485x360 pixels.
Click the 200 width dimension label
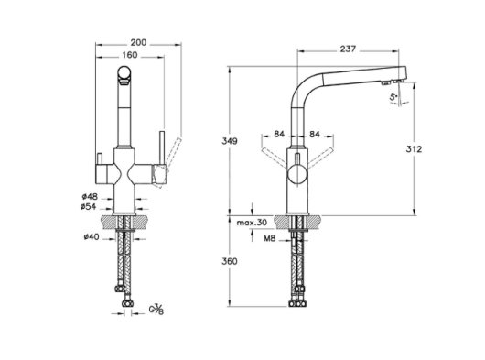(x=138, y=42)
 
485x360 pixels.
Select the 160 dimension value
(x=130, y=55)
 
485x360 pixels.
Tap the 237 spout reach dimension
(x=348, y=49)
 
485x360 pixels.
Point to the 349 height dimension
(x=230, y=141)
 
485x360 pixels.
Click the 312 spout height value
(x=414, y=149)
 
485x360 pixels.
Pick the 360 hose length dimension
(x=230, y=262)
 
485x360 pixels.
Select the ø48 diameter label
(x=90, y=197)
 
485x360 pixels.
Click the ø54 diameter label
(x=89, y=206)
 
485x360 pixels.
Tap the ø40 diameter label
(x=92, y=237)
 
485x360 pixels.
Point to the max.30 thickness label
(x=252, y=223)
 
